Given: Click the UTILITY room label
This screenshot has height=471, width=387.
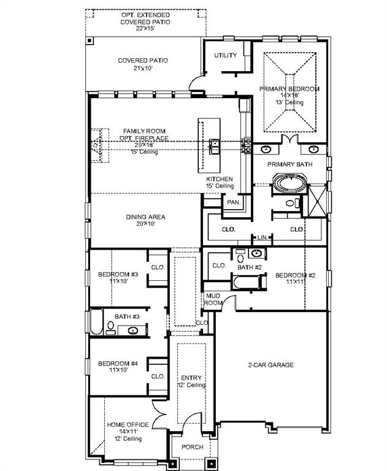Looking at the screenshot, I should point(225,56).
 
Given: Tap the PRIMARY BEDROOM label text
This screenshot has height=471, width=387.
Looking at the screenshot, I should point(289,89).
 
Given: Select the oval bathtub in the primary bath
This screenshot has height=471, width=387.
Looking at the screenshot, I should point(288,184).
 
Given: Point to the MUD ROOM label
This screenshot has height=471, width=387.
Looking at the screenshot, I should point(213,299).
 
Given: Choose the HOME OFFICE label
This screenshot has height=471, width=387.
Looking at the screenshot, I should point(128,424).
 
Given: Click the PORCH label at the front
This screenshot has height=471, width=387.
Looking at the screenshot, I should point(192,447).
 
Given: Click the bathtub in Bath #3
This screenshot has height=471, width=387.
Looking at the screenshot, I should point(97,322).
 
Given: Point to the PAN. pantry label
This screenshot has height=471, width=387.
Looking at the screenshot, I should point(233,202).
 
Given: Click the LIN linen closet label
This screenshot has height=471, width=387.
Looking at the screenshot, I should point(262,237).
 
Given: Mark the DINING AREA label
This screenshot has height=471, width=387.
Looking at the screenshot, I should point(146,217).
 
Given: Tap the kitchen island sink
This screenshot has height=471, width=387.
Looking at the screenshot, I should point(215,145).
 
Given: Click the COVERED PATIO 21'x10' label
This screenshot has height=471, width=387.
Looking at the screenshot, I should point(143,64).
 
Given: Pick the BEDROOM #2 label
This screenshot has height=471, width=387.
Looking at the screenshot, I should point(295,275).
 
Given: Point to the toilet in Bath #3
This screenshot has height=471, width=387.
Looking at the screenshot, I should point(110,326).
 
